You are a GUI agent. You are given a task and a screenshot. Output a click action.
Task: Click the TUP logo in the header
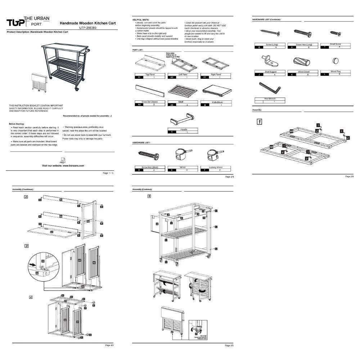(x=16, y=23)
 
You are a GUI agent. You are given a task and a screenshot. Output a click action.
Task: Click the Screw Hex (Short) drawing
(x=149, y=156)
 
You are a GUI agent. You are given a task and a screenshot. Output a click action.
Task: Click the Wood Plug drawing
(x=335, y=60)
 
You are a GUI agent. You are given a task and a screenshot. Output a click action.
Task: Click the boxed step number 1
(x=259, y=121)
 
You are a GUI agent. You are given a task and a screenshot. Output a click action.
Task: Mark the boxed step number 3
(x=26, y=246)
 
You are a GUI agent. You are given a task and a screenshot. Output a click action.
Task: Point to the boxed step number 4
(x=31, y=297)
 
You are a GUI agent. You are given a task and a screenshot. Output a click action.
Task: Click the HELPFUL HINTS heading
(x=141, y=19)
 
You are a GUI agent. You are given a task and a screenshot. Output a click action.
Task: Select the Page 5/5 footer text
(x=229, y=345)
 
